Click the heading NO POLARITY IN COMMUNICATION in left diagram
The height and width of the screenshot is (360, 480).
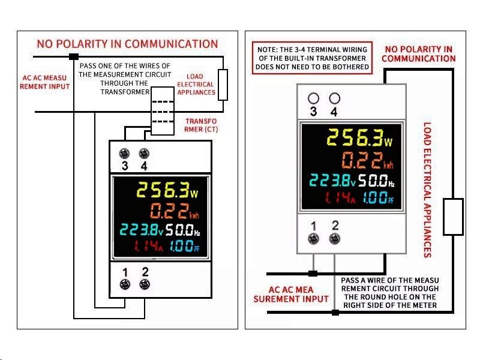pos(127,44)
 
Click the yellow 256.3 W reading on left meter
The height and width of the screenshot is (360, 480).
pos(166,191)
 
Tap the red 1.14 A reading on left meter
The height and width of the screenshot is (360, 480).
pos(147,246)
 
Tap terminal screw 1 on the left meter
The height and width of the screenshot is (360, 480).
pos(125,285)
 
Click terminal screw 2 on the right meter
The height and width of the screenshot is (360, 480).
pos(335,238)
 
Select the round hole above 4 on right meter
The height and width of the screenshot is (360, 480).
pos(335,98)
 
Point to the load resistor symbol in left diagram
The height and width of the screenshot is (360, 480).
pos(223,85)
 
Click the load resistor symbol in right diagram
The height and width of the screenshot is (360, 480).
pos(453,217)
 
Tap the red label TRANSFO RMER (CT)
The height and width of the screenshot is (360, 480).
pos(202,125)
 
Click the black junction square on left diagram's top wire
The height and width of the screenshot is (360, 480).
pos(74,56)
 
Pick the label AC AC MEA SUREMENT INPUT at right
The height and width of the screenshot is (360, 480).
pos(291,294)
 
